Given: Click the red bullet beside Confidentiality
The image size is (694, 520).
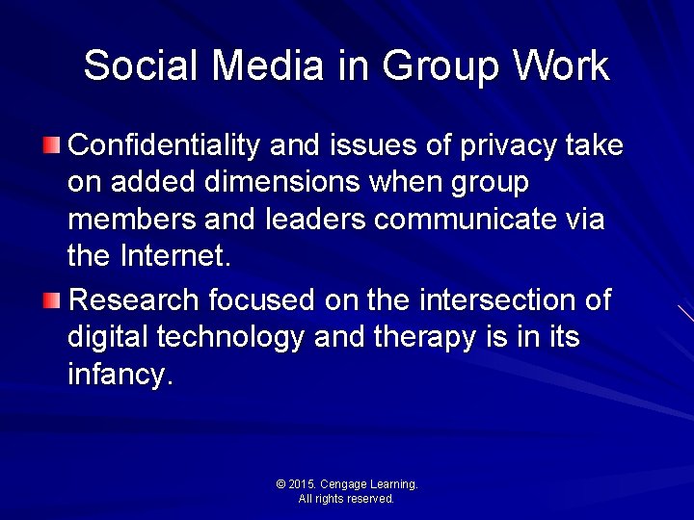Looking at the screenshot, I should (51, 146).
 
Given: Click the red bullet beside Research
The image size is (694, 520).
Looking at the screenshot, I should (51, 300).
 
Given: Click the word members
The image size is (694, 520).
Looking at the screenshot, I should (132, 221).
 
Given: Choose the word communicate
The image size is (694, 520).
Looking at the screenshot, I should (466, 221).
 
